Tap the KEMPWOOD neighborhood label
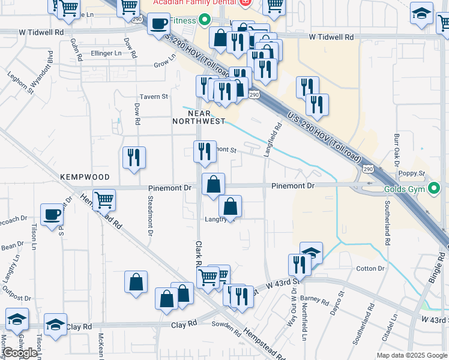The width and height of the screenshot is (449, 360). pos(85,178)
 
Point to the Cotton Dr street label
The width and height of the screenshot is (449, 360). pos(370,269)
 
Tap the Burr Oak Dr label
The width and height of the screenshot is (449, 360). pos(396,150)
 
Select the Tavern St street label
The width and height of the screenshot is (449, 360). pos(154,96)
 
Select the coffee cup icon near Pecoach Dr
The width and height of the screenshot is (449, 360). pos(52,214)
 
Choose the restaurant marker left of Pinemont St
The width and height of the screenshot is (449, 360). pos(205,151)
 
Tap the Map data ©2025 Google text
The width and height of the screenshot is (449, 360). pos(411,355)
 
